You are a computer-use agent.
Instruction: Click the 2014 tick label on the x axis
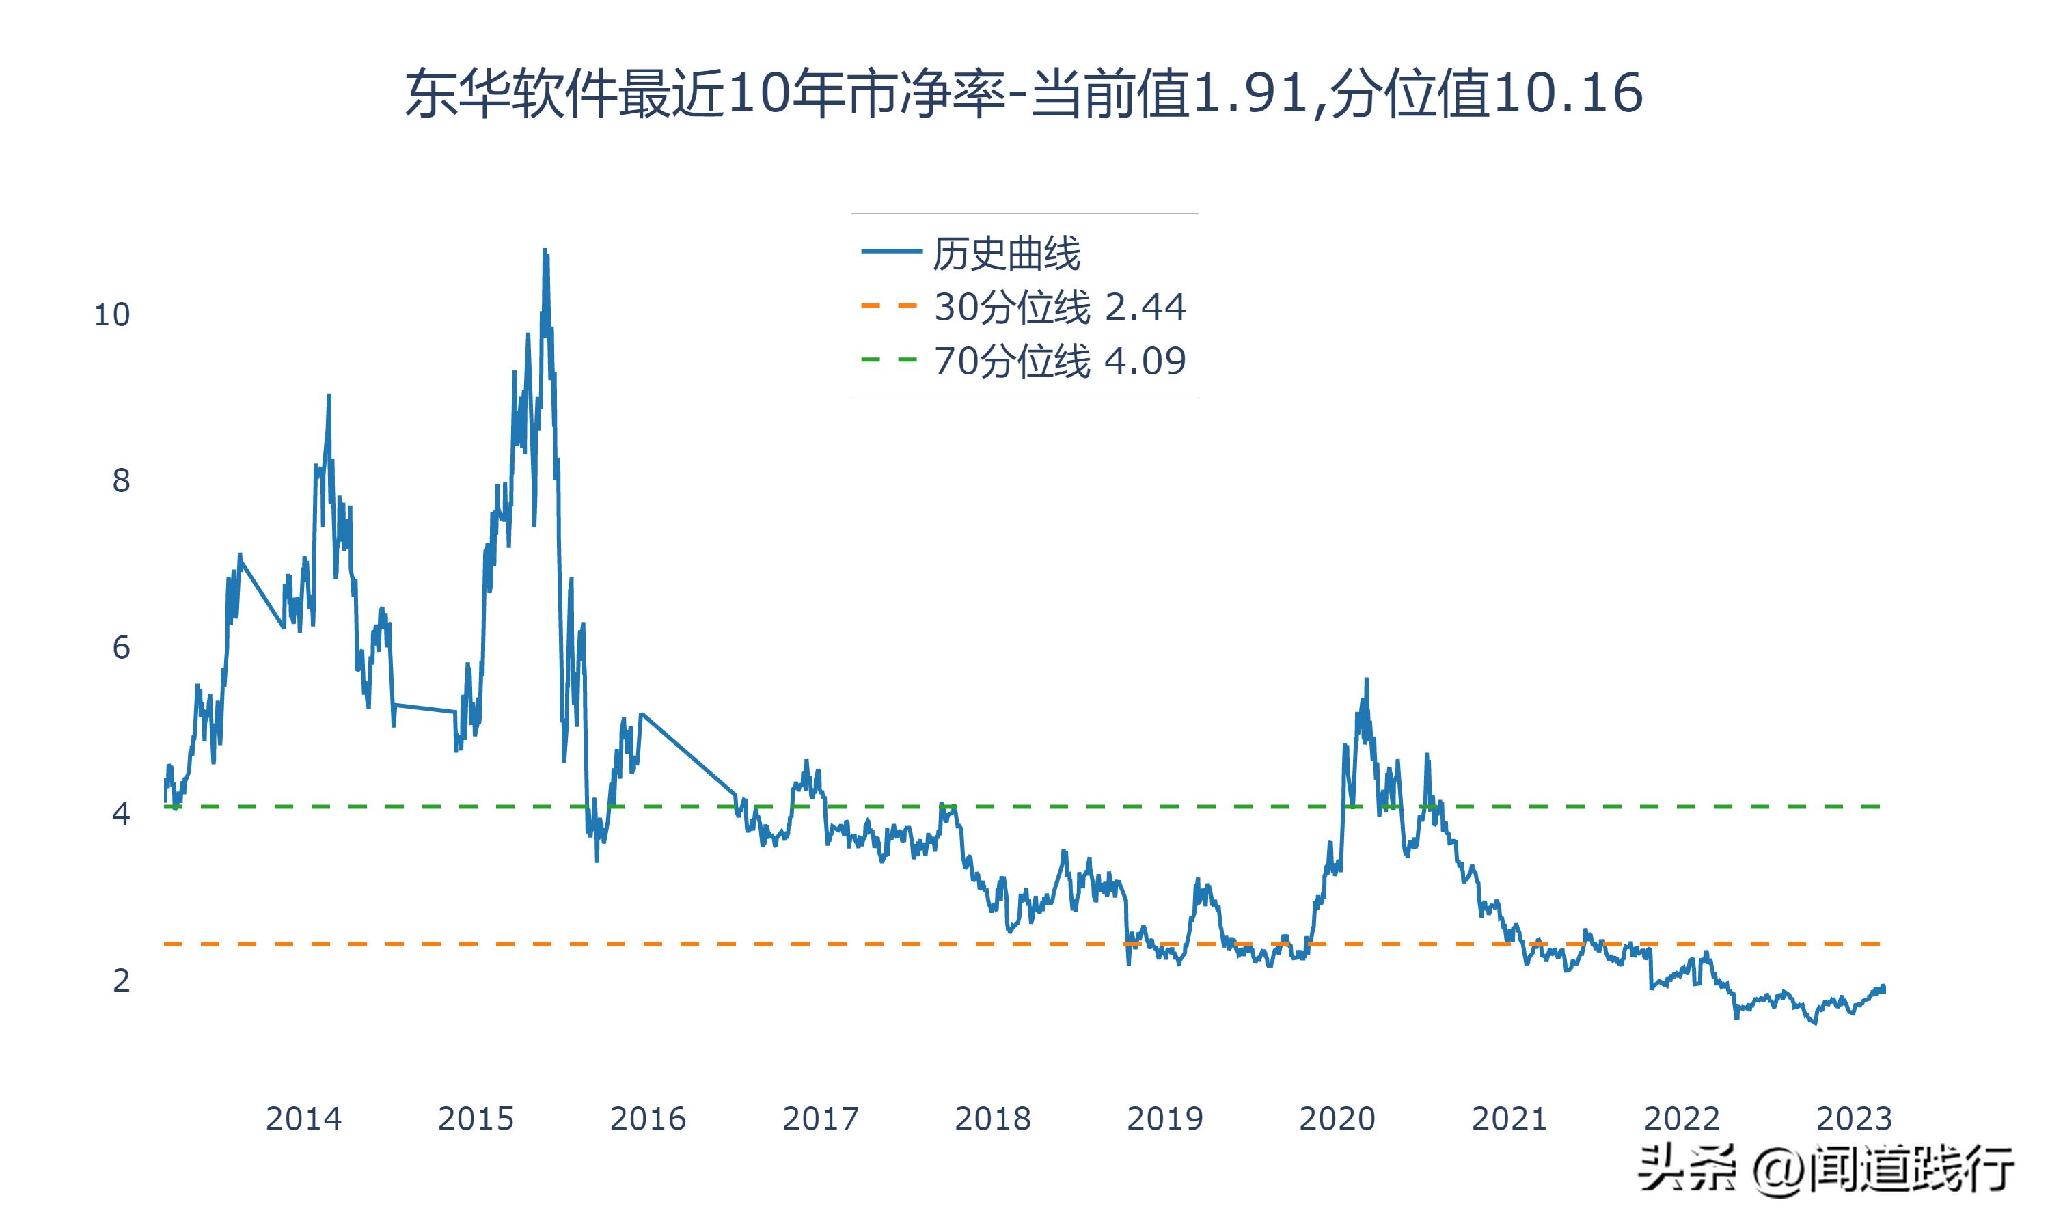(303, 1119)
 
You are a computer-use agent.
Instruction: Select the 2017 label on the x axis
(820, 1119)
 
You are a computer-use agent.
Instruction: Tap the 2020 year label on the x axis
(1337, 1119)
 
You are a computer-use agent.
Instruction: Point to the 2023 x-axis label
(1854, 1119)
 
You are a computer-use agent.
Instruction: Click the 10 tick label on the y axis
(112, 315)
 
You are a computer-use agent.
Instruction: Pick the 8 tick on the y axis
(121, 481)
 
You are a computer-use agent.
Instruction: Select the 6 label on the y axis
(121, 647)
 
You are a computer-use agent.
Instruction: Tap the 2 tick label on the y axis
(121, 981)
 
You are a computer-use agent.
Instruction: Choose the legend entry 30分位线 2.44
(1060, 307)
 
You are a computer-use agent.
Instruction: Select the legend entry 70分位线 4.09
(1060, 361)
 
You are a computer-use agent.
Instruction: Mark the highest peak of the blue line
(545, 249)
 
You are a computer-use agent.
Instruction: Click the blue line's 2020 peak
(1367, 680)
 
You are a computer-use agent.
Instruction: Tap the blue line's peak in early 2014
(329, 396)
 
